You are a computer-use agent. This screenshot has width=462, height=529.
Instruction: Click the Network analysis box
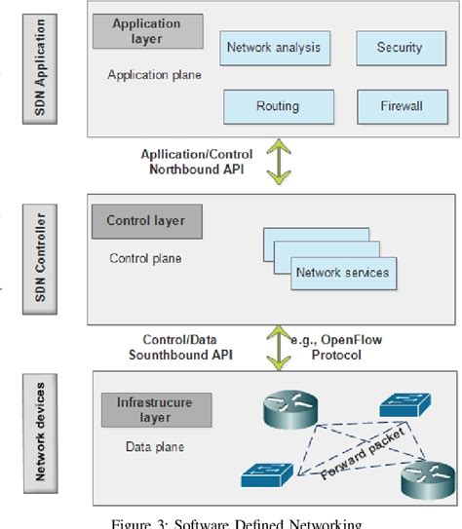pyautogui.click(x=272, y=46)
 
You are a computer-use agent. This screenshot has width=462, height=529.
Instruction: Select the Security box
pyautogui.click(x=400, y=46)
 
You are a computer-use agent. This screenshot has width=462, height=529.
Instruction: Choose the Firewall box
pyautogui.click(x=400, y=105)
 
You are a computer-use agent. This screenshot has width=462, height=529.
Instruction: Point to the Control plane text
pyautogui.click(x=144, y=258)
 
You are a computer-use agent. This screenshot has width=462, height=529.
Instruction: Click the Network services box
pyautogui.click(x=341, y=273)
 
